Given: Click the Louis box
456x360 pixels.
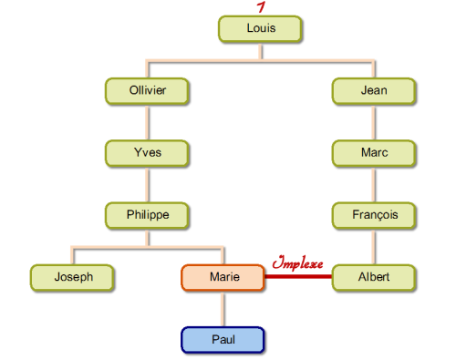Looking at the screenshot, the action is tap(260, 29).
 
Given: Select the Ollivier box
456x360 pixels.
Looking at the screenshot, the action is tap(147, 91).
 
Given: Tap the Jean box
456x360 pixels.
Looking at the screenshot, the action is tap(374, 91).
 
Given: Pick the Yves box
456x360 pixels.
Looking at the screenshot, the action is tap(147, 153).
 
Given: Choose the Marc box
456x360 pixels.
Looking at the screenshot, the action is tap(374, 153).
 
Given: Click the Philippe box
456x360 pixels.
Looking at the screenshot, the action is tap(147, 215).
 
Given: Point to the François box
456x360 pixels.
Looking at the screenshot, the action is tap(374, 215).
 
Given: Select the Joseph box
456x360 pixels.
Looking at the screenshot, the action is tap(72, 278).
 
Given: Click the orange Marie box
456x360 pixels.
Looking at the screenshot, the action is tap(223, 278).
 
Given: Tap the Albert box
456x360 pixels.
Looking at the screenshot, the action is tap(374, 278).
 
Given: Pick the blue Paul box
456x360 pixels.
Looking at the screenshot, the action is tap(223, 340).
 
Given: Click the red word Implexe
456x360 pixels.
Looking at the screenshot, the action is tap(297, 262).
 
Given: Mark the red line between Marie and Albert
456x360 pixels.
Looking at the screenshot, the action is tap(298, 276).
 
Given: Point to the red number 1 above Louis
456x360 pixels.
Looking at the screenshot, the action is tap(261, 7).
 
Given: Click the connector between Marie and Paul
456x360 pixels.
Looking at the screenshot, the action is tap(223, 309).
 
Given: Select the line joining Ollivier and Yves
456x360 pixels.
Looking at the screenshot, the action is tap(148, 122).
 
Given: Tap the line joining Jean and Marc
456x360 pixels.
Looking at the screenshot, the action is tap(374, 122).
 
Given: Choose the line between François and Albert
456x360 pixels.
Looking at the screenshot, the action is tap(374, 247).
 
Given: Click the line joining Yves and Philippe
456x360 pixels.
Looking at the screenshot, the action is tap(148, 184).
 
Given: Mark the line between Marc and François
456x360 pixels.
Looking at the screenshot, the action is tap(374, 184).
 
